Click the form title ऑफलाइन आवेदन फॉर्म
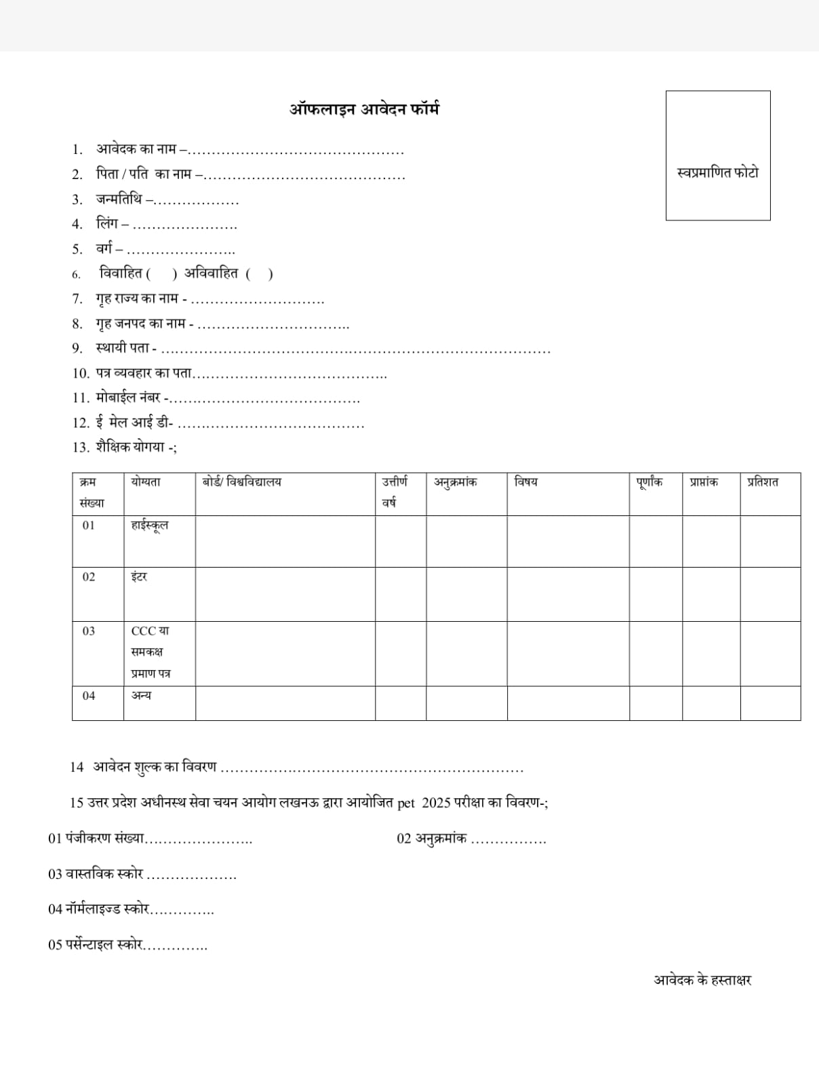[x=365, y=109]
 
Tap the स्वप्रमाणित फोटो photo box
[x=717, y=156]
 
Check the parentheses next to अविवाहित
[x=260, y=274]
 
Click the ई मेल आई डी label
[x=134, y=423]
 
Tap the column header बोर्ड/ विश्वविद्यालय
[x=242, y=482]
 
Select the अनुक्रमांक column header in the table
[x=456, y=482]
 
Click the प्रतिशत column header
[x=763, y=482]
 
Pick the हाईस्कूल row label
[x=150, y=526]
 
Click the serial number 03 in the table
[x=89, y=631]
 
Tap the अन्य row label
[x=141, y=696]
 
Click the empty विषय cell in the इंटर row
[x=567, y=594]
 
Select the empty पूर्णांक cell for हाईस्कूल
[x=655, y=541]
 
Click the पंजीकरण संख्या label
[x=105, y=838]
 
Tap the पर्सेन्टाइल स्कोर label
[x=104, y=944]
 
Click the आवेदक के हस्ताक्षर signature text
[x=702, y=980]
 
